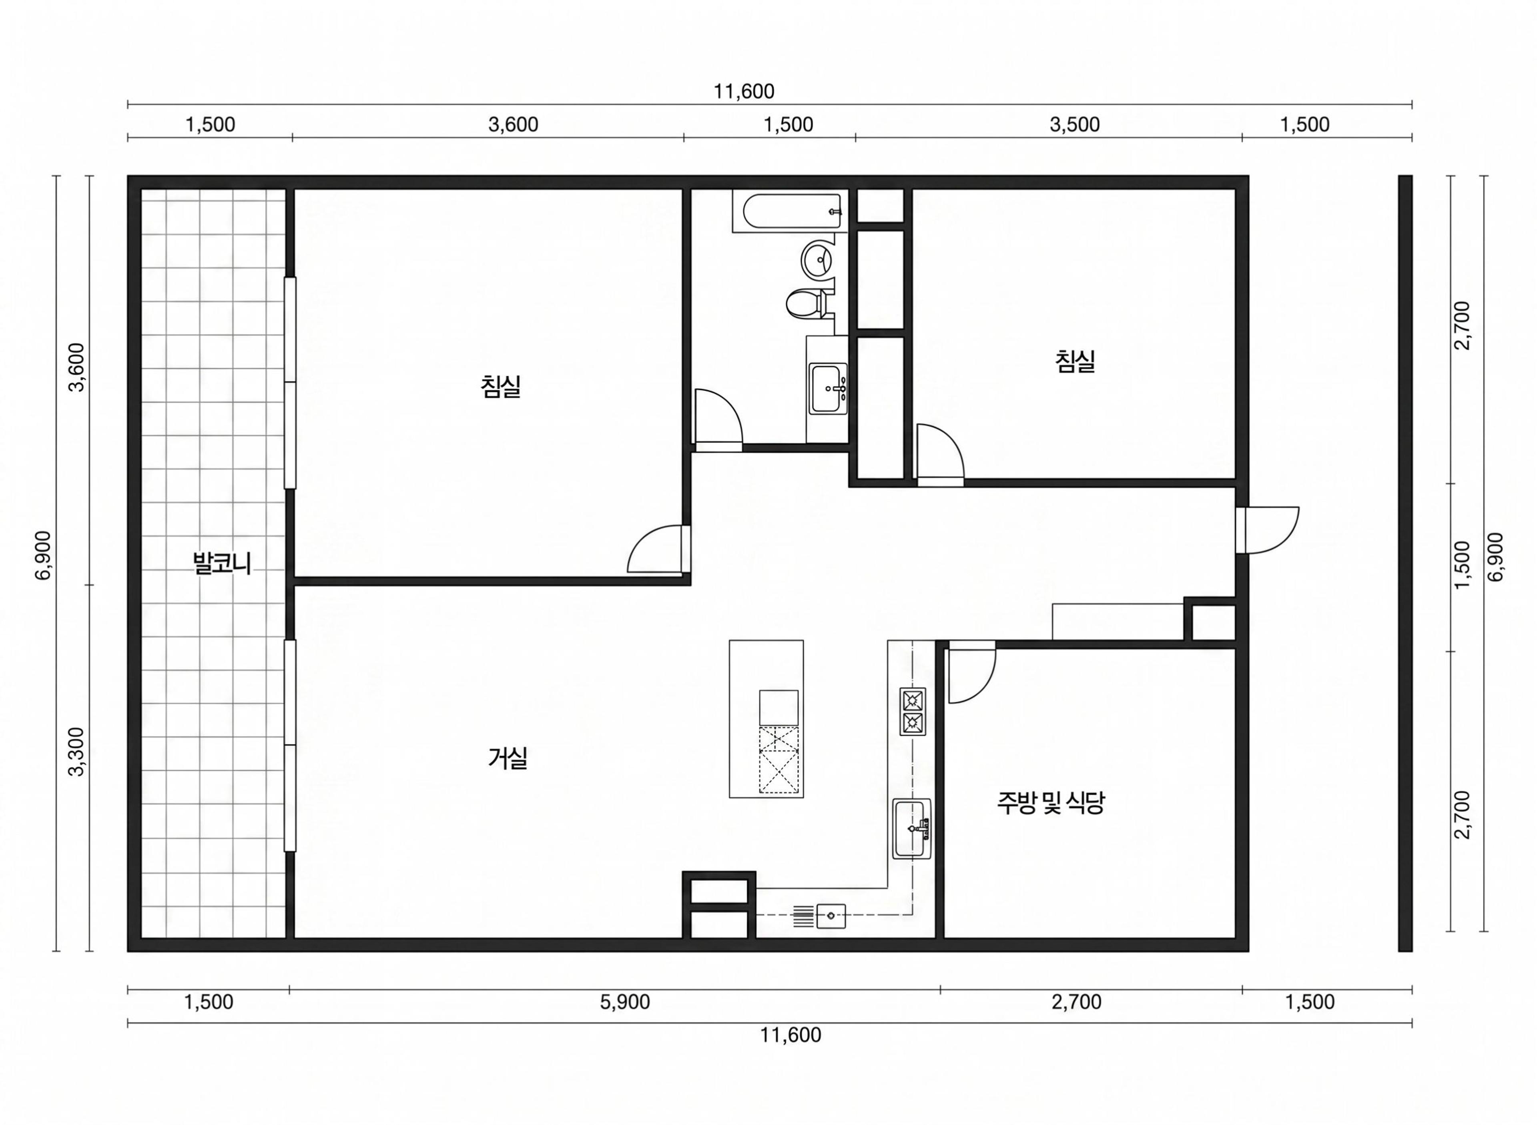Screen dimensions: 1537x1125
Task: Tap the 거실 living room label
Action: [x=508, y=758]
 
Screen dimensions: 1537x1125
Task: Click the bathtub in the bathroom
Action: [x=791, y=211]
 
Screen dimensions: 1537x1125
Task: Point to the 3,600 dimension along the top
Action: [x=513, y=124]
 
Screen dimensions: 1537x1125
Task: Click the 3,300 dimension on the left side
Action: [x=76, y=751]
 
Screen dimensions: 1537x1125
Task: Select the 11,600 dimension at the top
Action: [x=744, y=91]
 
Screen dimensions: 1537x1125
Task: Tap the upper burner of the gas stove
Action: [x=913, y=700]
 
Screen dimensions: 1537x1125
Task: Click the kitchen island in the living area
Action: [x=766, y=718]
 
